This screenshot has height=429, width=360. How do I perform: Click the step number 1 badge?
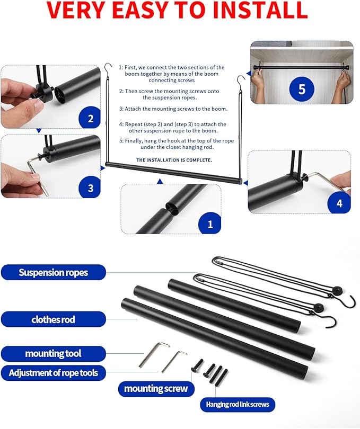[210, 224]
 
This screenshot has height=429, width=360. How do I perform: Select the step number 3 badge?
[90, 187]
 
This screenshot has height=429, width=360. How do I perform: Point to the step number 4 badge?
[339, 203]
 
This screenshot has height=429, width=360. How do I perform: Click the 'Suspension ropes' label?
[53, 273]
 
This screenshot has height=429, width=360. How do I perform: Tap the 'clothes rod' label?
[53, 319]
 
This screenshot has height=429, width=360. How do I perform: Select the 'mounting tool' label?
[53, 353]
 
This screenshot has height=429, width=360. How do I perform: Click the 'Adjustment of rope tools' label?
[53, 373]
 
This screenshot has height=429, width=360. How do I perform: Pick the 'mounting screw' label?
[156, 389]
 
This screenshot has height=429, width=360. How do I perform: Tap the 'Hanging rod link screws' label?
[238, 405]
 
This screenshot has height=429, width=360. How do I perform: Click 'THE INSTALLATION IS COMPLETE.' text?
[174, 159]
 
